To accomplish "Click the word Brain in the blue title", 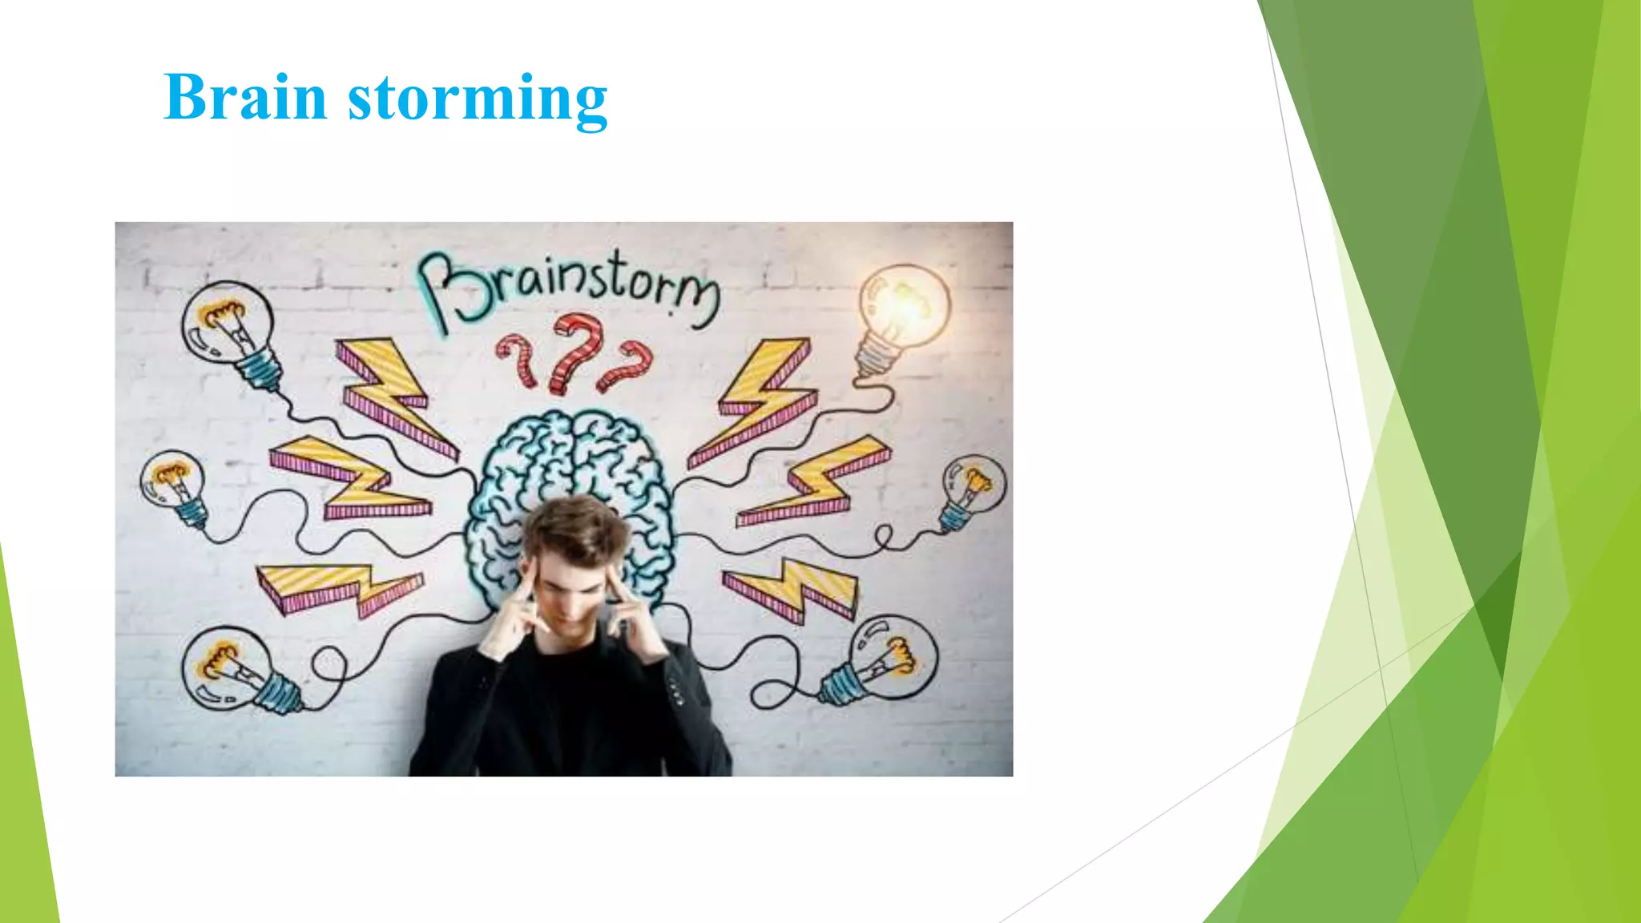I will pyautogui.click(x=244, y=98).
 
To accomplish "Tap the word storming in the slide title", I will pyautogui.click(x=478, y=99).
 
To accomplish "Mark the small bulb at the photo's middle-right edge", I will pyautogui.click(x=971, y=490).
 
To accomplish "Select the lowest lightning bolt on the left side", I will pyautogui.click(x=337, y=585).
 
